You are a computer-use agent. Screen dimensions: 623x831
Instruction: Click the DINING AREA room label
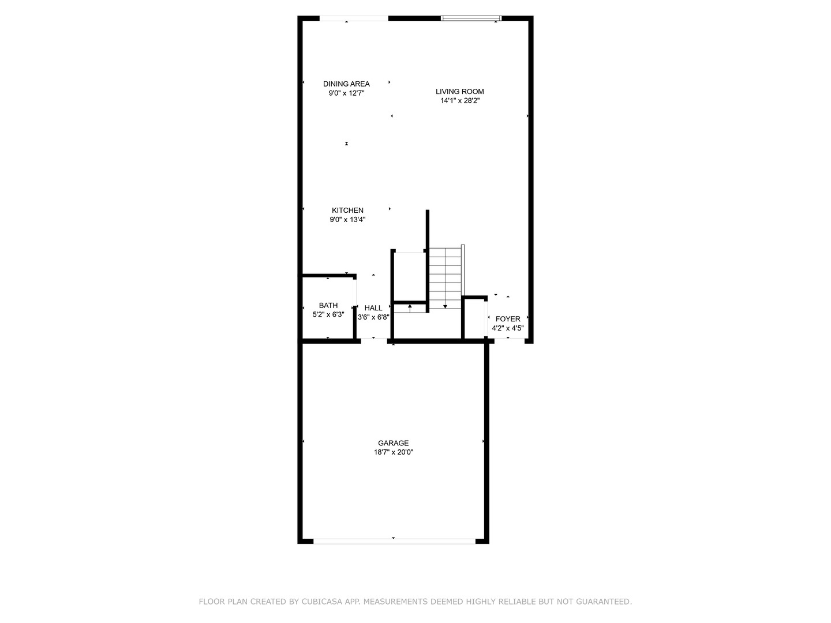point(346,84)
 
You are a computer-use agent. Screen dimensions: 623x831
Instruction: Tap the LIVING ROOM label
point(459,92)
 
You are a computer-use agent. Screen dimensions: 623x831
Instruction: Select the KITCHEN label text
point(347,211)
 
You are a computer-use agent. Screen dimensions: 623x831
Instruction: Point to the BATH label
point(328,306)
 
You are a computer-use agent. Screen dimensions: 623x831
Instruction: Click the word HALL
point(373,308)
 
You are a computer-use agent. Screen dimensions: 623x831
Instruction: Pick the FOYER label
point(508,319)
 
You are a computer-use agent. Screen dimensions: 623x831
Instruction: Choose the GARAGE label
point(394,443)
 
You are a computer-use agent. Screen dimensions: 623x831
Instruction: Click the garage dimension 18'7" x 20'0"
point(394,453)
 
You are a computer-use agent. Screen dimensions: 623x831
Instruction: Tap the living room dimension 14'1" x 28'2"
point(460,101)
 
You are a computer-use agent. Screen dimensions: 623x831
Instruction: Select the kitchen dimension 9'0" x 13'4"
point(347,220)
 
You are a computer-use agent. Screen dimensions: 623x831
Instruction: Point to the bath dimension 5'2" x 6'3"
point(328,315)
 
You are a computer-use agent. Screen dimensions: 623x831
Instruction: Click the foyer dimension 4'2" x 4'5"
point(508,328)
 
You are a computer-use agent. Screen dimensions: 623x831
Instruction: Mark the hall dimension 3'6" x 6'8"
point(373,317)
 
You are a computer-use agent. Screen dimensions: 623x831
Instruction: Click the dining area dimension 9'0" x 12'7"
point(346,93)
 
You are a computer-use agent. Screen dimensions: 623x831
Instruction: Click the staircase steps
point(445,277)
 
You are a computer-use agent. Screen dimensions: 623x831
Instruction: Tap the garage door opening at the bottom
point(394,541)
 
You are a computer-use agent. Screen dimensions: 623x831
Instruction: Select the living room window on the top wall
point(471,18)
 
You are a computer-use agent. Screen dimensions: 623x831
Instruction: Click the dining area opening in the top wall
point(354,18)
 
